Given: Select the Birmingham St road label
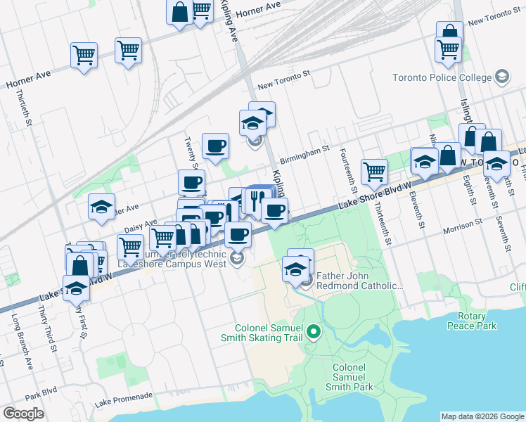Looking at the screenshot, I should tap(304, 149).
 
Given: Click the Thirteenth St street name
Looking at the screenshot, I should tap(383, 224).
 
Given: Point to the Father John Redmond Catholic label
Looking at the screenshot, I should tap(360, 281).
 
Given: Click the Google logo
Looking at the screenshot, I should tap(23, 414).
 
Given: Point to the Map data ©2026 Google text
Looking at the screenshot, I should tap(482, 416).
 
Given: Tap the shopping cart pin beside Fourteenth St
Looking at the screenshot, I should tap(374, 171).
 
